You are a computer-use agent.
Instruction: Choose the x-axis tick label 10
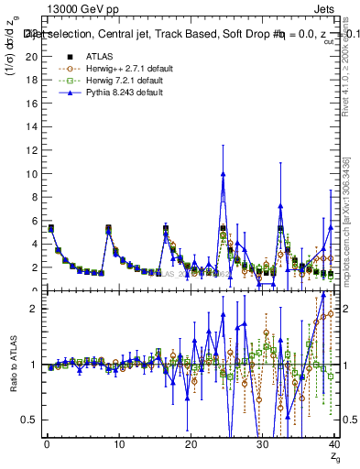click(117, 445)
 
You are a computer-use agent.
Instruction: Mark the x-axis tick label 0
click(46, 445)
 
